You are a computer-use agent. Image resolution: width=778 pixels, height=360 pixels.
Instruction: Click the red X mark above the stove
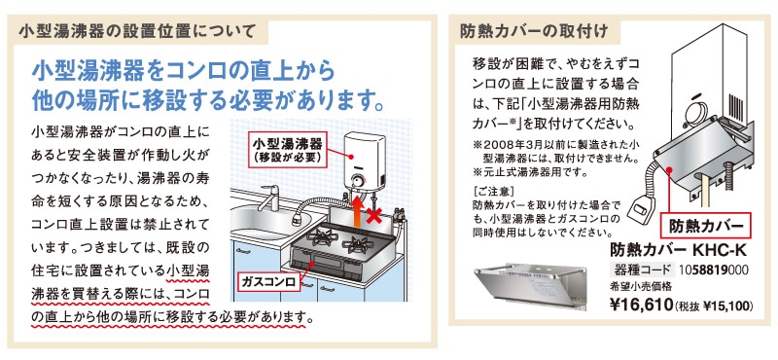point(374,215)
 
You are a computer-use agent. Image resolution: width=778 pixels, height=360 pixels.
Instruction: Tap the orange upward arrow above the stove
point(356,208)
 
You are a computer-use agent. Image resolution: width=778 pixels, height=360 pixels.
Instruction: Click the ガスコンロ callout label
point(269,281)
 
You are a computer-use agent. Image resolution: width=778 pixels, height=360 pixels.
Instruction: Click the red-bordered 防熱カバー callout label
point(707,227)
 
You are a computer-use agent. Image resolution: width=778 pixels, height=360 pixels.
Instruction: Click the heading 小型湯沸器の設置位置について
point(137,31)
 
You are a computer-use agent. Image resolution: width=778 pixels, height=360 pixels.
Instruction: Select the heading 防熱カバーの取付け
point(534,31)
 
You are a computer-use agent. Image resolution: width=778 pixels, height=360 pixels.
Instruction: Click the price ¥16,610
point(641,304)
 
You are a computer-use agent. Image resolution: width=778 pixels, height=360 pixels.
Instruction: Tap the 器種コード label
point(642,270)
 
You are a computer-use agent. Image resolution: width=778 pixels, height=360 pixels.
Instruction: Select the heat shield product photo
point(530,285)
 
